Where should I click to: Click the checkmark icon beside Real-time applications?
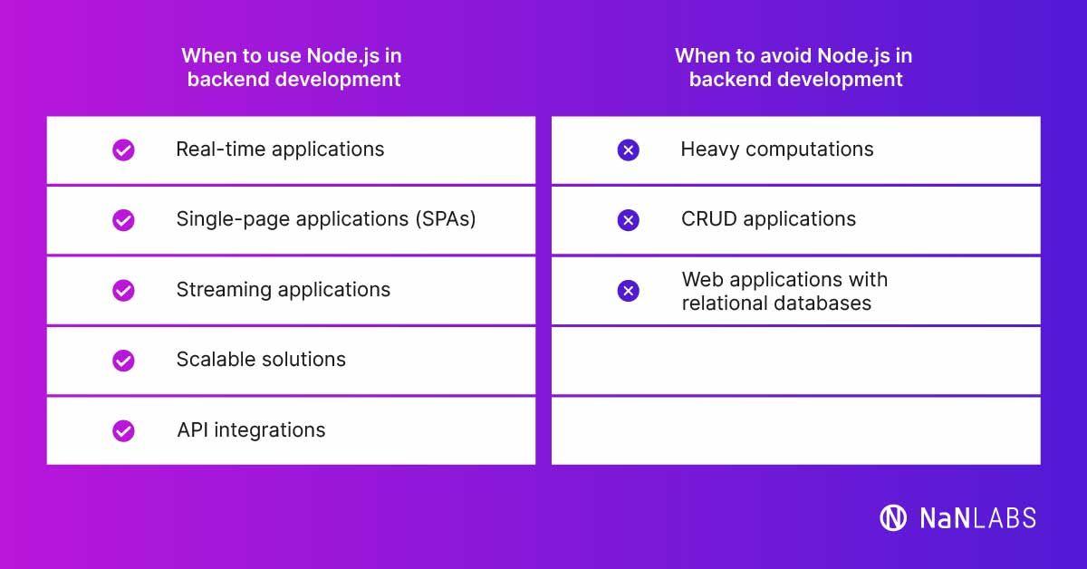123,150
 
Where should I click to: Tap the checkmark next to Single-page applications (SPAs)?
123,220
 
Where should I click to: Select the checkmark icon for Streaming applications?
123,291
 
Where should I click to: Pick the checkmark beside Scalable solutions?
123,361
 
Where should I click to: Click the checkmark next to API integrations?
123,430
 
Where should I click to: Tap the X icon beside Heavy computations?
628,150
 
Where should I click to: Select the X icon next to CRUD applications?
628,220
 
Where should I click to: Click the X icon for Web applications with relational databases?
628,291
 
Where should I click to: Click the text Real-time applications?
280,149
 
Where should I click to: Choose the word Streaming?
217,290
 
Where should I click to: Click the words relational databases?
776,304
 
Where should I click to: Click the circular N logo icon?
893,517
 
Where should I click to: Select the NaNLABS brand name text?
977,518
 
